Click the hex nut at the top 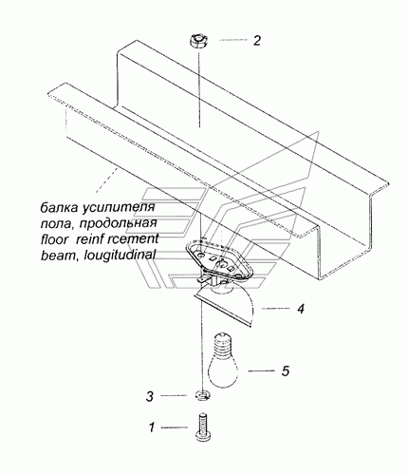click(x=198, y=42)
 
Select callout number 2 click(x=257, y=41)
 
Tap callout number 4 click(x=301, y=309)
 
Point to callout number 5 click(x=286, y=370)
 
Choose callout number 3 click(x=150, y=396)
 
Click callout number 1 click(x=152, y=427)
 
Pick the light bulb click(x=223, y=360)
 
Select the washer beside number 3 click(x=202, y=396)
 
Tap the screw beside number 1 click(x=203, y=427)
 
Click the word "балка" click(x=59, y=208)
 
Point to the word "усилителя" click(x=119, y=208)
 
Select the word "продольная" click(x=118, y=224)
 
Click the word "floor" click(x=54, y=239)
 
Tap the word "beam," click(x=60, y=255)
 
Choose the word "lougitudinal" click(x=120, y=255)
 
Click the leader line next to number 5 click(x=261, y=370)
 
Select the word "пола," click(x=58, y=224)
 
